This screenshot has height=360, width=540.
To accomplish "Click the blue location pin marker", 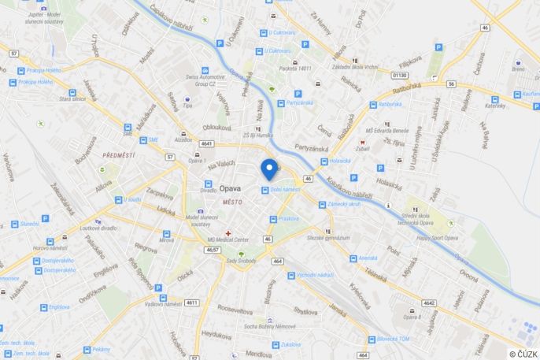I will (x=269, y=169).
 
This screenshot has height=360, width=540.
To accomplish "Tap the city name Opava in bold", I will (x=230, y=189).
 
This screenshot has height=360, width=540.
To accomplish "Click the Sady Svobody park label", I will (x=242, y=260).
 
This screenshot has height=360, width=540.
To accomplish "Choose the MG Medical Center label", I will (x=227, y=240).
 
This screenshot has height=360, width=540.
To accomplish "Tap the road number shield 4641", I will (x=207, y=144).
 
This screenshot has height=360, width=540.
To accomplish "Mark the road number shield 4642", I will (x=429, y=302).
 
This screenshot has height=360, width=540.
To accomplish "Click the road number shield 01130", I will (x=400, y=75).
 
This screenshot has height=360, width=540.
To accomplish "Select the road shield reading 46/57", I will (x=212, y=250).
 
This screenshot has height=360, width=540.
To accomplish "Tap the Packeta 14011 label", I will (x=295, y=69).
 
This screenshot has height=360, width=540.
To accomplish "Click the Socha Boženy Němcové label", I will (x=269, y=326).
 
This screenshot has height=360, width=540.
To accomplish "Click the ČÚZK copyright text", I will (x=523, y=354).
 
